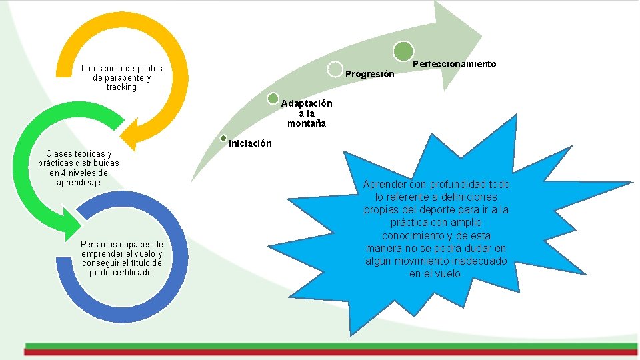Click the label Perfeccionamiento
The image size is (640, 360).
coord(455,64)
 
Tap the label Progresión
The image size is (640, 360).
coord(370,74)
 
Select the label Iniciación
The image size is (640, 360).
coord(250,143)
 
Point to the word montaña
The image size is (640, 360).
coord(307,123)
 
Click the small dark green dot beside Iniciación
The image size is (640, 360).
coord(224,139)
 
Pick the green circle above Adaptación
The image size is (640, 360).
coord(273,99)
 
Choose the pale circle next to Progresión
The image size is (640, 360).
coord(335,69)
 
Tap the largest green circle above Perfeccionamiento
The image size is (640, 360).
coord(403,51)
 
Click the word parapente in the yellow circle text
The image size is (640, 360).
coord(123,78)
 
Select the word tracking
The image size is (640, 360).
coord(121,87)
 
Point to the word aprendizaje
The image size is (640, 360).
coord(79,182)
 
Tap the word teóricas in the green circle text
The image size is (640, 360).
coord(88,153)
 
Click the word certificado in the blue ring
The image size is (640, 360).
coord(133,272)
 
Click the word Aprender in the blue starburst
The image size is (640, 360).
coord(386,184)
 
